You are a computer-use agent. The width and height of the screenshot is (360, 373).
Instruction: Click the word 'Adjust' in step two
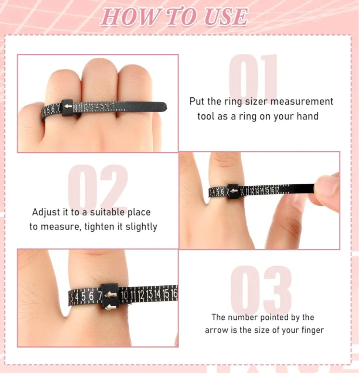48,212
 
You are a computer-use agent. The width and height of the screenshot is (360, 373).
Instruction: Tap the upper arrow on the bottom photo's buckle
111,295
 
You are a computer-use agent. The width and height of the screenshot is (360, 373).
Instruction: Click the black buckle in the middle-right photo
233,191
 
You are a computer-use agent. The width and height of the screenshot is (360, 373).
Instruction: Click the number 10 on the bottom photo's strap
125,295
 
